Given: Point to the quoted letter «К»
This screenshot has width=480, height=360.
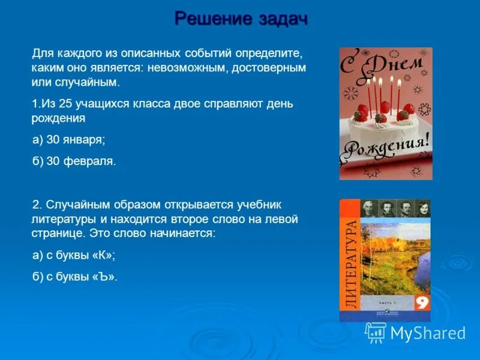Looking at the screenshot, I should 103,255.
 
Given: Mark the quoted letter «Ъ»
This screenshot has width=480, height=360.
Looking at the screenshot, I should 104,277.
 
